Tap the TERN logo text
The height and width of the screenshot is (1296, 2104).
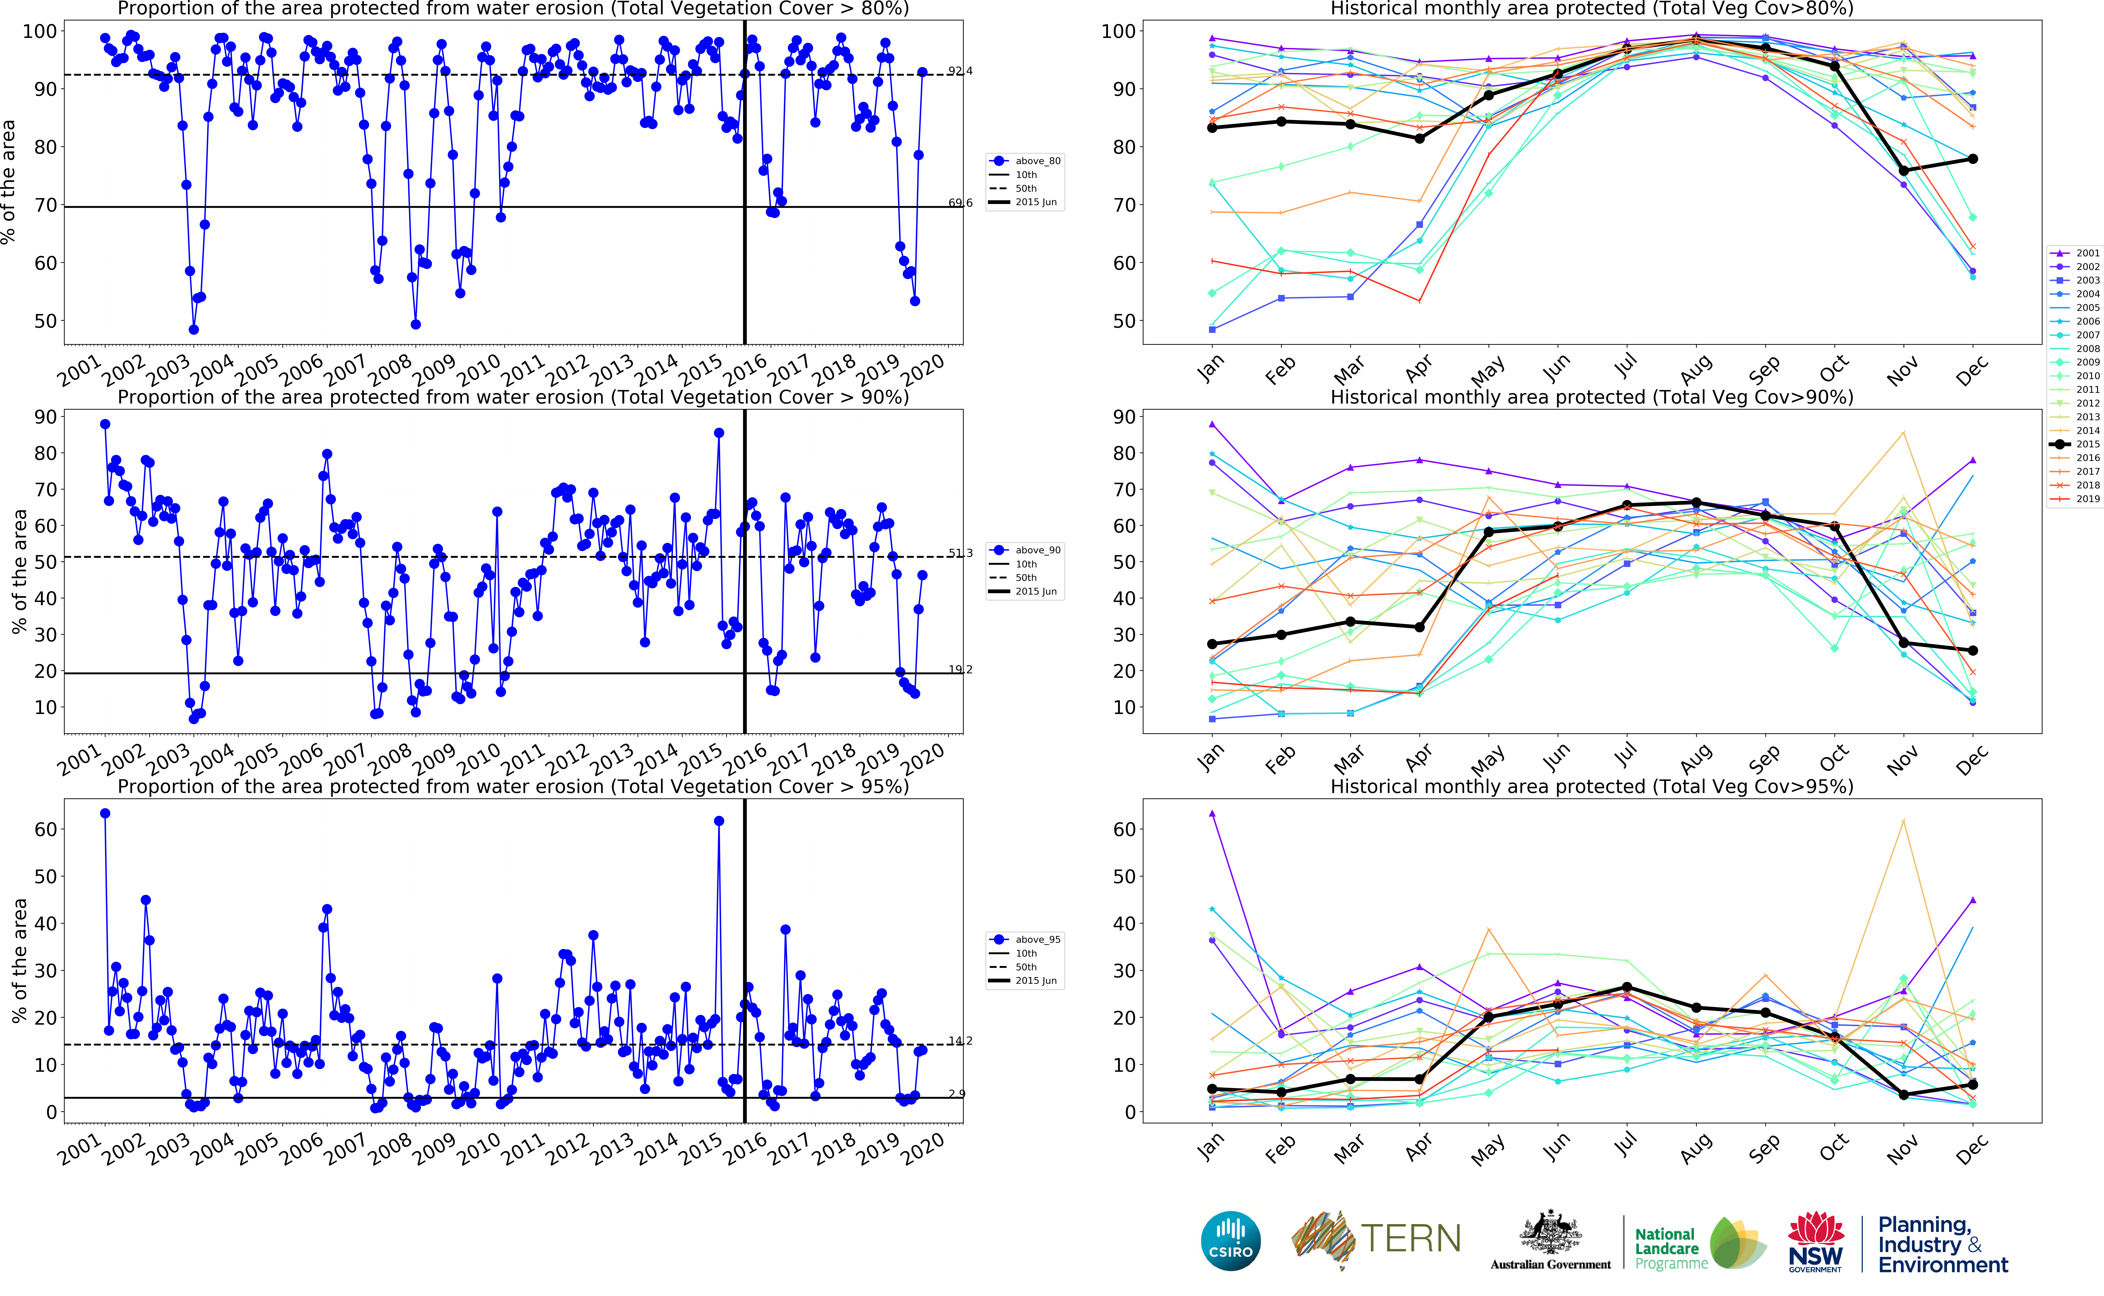1411,1239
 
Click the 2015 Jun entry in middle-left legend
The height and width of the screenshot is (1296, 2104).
1035,591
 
